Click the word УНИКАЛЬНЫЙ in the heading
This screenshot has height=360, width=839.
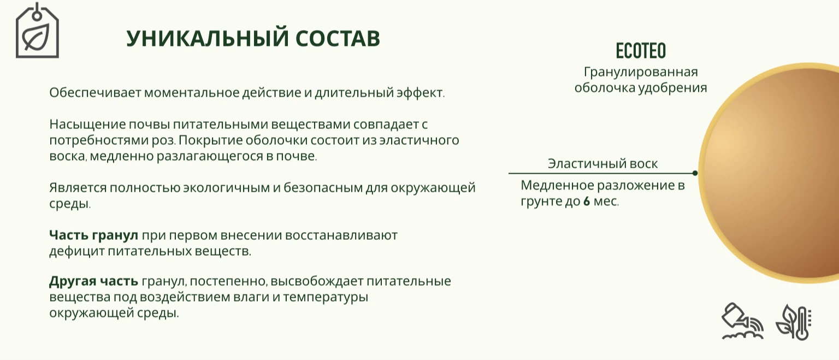[x=208, y=38]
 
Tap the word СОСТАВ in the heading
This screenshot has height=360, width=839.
[x=338, y=38]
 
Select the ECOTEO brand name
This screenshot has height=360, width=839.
[x=641, y=51]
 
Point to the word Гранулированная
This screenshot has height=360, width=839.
[x=641, y=72]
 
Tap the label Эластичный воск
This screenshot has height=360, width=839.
[x=602, y=164]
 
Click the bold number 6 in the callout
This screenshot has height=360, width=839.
[x=587, y=201]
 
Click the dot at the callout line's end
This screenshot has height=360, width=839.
[x=695, y=173]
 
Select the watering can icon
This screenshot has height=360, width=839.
[x=742, y=321]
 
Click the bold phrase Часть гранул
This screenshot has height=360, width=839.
[x=93, y=235]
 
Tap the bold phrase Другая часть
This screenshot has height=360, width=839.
[x=93, y=281]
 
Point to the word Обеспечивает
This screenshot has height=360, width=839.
[x=94, y=92]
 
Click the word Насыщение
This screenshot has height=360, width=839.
[x=87, y=125]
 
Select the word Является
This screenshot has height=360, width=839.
[x=78, y=187]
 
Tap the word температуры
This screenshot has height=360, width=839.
[x=326, y=297]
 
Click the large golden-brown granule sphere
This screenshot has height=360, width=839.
[x=772, y=173]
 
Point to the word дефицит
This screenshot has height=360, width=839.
[x=77, y=251]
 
